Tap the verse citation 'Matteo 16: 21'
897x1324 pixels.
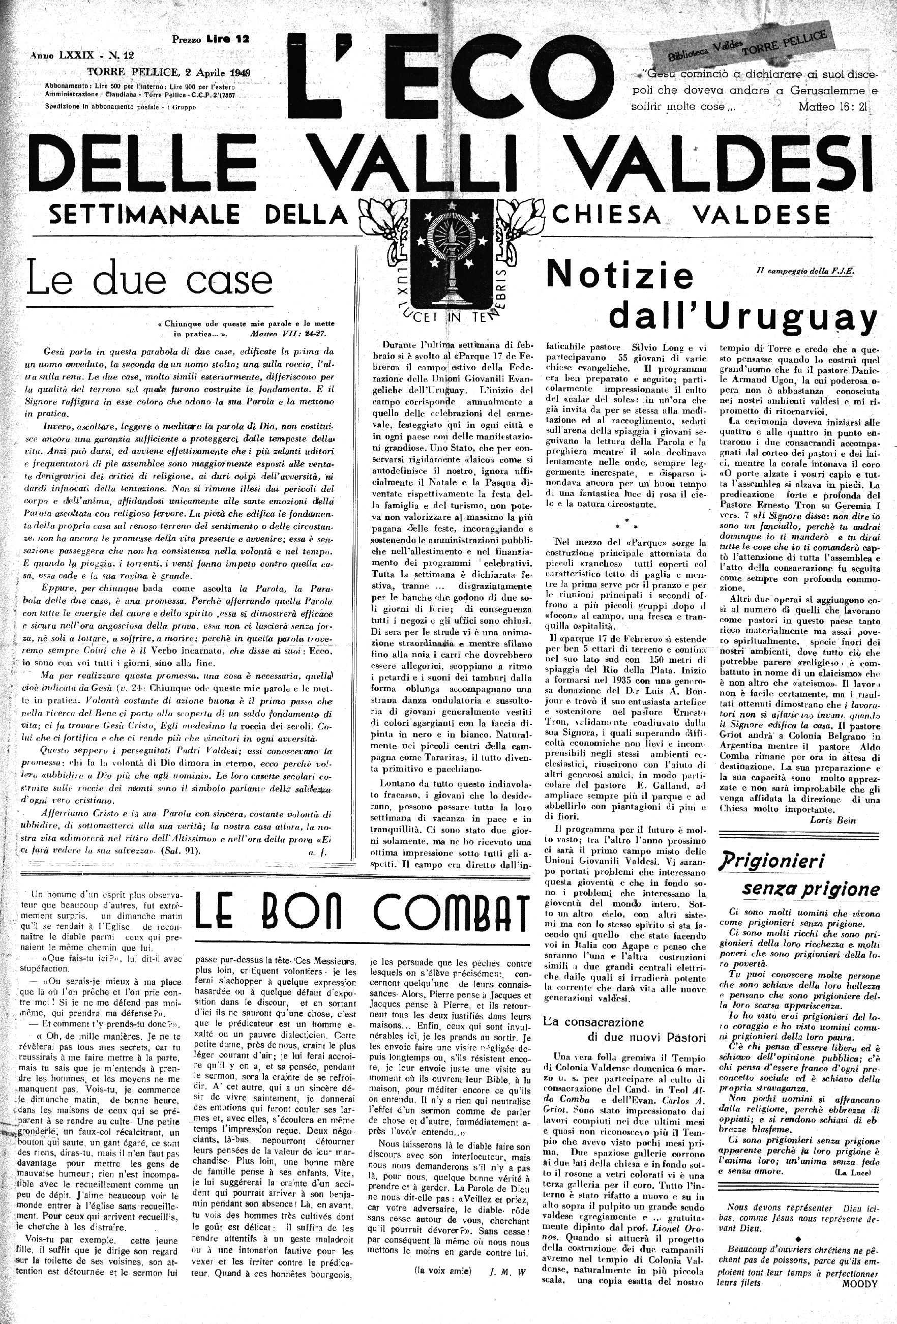[831, 106]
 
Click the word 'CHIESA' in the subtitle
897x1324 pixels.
[614, 215]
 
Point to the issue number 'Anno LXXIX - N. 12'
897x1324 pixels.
[82, 55]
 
